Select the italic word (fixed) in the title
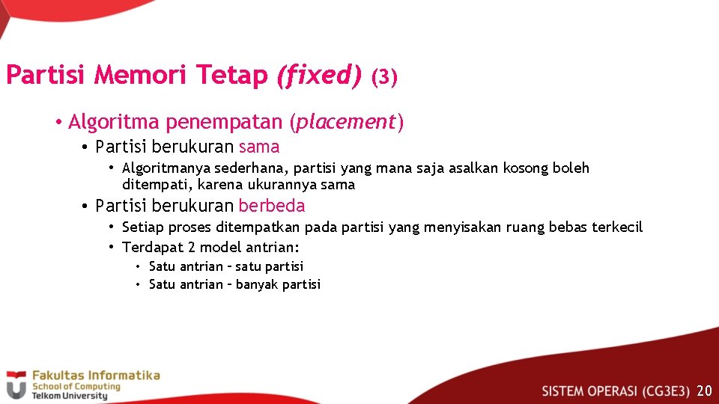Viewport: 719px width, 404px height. point(319,75)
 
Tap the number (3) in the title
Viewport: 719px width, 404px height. point(384,76)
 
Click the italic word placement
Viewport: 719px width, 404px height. point(346,122)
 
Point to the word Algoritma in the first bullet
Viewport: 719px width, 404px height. point(115,122)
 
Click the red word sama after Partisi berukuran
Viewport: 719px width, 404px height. point(259,147)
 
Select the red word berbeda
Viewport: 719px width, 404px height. point(272,206)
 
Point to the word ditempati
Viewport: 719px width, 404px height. point(152,185)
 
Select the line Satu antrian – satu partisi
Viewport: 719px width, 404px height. point(226,266)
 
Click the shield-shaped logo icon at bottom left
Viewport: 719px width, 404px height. point(16,385)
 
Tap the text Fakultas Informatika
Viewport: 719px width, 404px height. point(95,375)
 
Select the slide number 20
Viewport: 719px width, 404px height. point(704,391)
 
